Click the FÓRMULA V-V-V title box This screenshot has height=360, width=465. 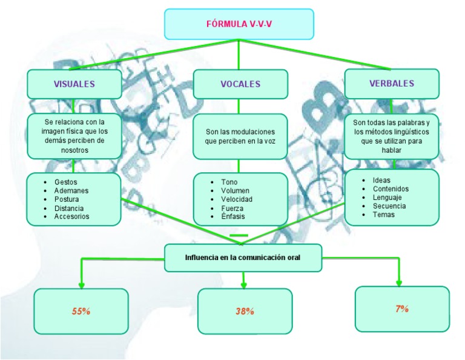(x=239, y=24)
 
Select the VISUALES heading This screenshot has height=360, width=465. (x=74, y=84)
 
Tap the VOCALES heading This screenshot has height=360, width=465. (x=240, y=84)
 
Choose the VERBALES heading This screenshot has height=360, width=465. (x=392, y=84)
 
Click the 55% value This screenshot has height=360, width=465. (x=81, y=311)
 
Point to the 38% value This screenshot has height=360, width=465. (x=245, y=312)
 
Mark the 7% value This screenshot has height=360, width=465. (x=402, y=308)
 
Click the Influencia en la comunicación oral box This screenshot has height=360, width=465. (x=243, y=258)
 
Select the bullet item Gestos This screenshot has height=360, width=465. (x=66, y=182)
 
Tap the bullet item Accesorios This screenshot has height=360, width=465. (x=71, y=216)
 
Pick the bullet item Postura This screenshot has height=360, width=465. (x=67, y=199)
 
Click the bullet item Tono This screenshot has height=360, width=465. (x=229, y=182)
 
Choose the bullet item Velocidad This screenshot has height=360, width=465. (x=237, y=199)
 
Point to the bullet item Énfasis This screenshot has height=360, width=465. (x=233, y=216)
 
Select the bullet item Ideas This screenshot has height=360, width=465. (x=381, y=180)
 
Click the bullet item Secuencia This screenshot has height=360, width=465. (x=389, y=205)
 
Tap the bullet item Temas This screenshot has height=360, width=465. (x=383, y=215)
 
